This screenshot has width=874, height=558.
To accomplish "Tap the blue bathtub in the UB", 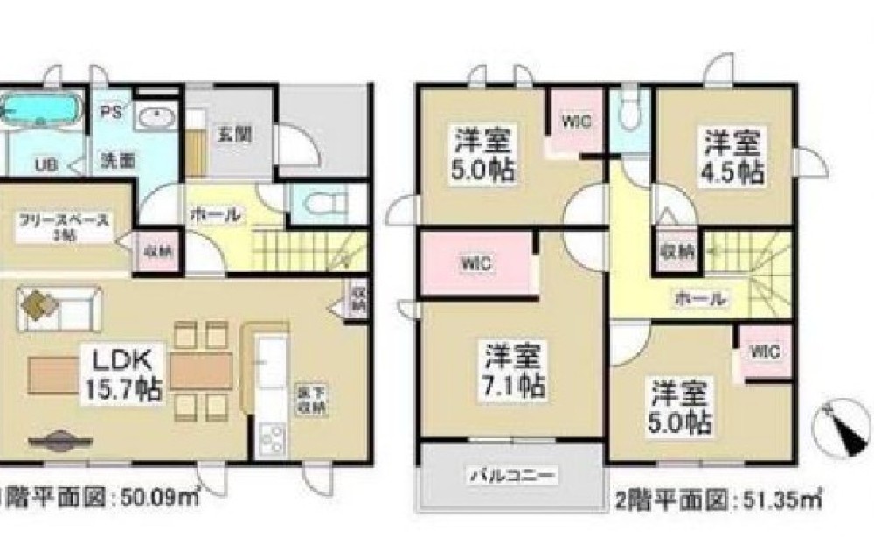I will pos(39,112).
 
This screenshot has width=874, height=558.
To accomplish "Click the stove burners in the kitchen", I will pos(271,436).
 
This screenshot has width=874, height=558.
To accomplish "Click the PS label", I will pos(110,112).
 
